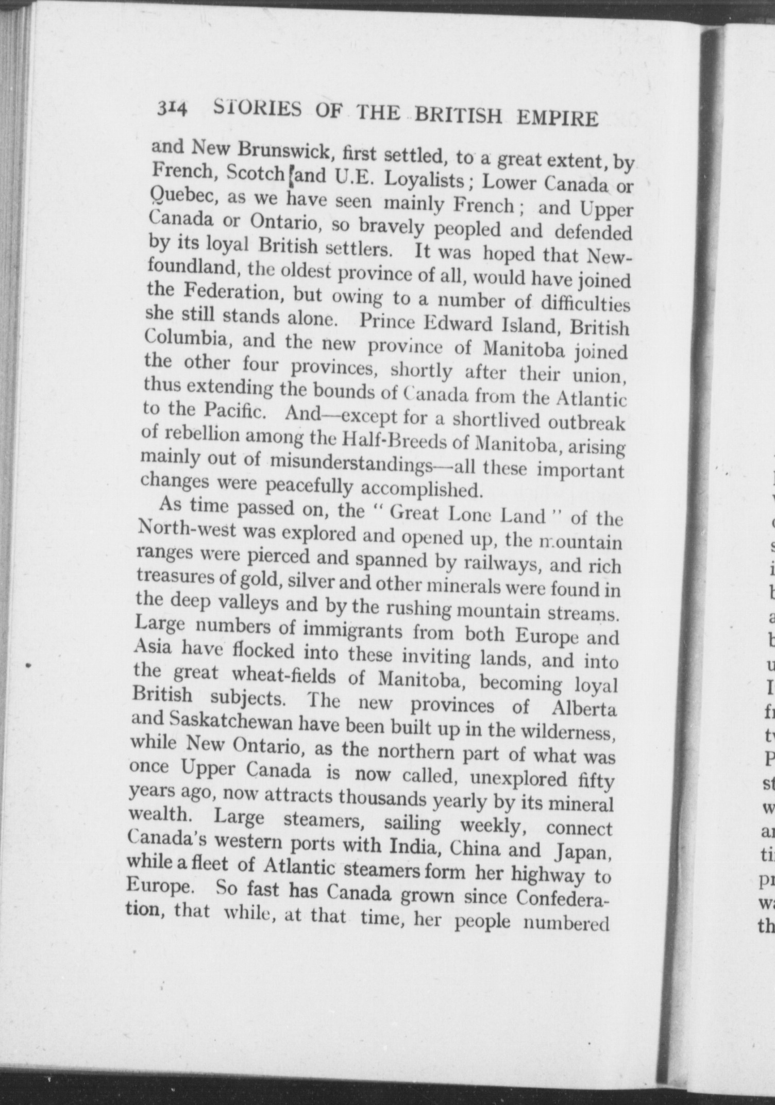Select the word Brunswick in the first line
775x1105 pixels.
pyautogui.click(x=284, y=151)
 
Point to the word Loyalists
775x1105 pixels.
pyautogui.click(x=425, y=180)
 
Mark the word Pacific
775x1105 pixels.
pyautogui.click(x=234, y=411)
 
